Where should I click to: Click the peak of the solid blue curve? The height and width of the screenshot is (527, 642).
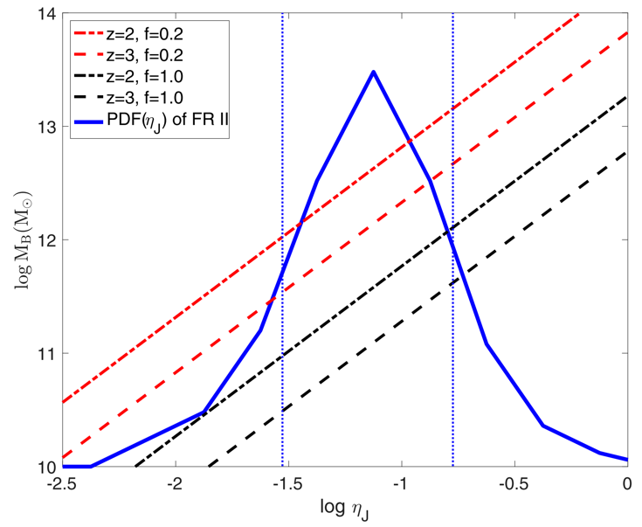(374, 72)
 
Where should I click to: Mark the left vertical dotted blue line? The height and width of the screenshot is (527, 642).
(282, 262)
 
